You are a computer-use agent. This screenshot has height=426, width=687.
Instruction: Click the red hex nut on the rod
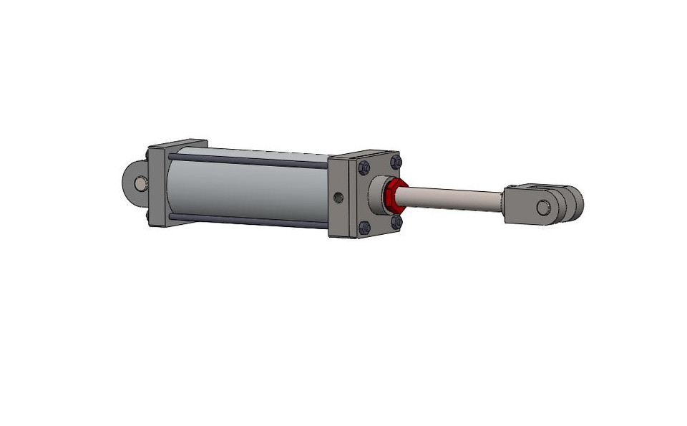click(392, 198)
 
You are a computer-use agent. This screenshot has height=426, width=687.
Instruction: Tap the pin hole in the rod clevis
click(544, 208)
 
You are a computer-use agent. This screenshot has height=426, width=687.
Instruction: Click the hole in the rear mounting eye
click(138, 183)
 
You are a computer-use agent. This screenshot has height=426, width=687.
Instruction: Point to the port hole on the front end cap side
click(339, 197)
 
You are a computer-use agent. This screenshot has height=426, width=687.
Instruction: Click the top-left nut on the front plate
click(364, 168)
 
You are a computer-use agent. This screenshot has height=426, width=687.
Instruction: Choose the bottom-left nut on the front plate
click(364, 228)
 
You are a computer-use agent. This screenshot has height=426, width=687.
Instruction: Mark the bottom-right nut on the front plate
click(396, 223)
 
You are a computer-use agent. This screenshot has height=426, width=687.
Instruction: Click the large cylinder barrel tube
click(250, 190)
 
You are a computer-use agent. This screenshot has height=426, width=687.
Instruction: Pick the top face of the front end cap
click(365, 155)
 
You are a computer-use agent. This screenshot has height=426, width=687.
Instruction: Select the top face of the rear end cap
click(177, 144)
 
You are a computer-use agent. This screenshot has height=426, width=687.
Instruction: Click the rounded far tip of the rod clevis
click(577, 203)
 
